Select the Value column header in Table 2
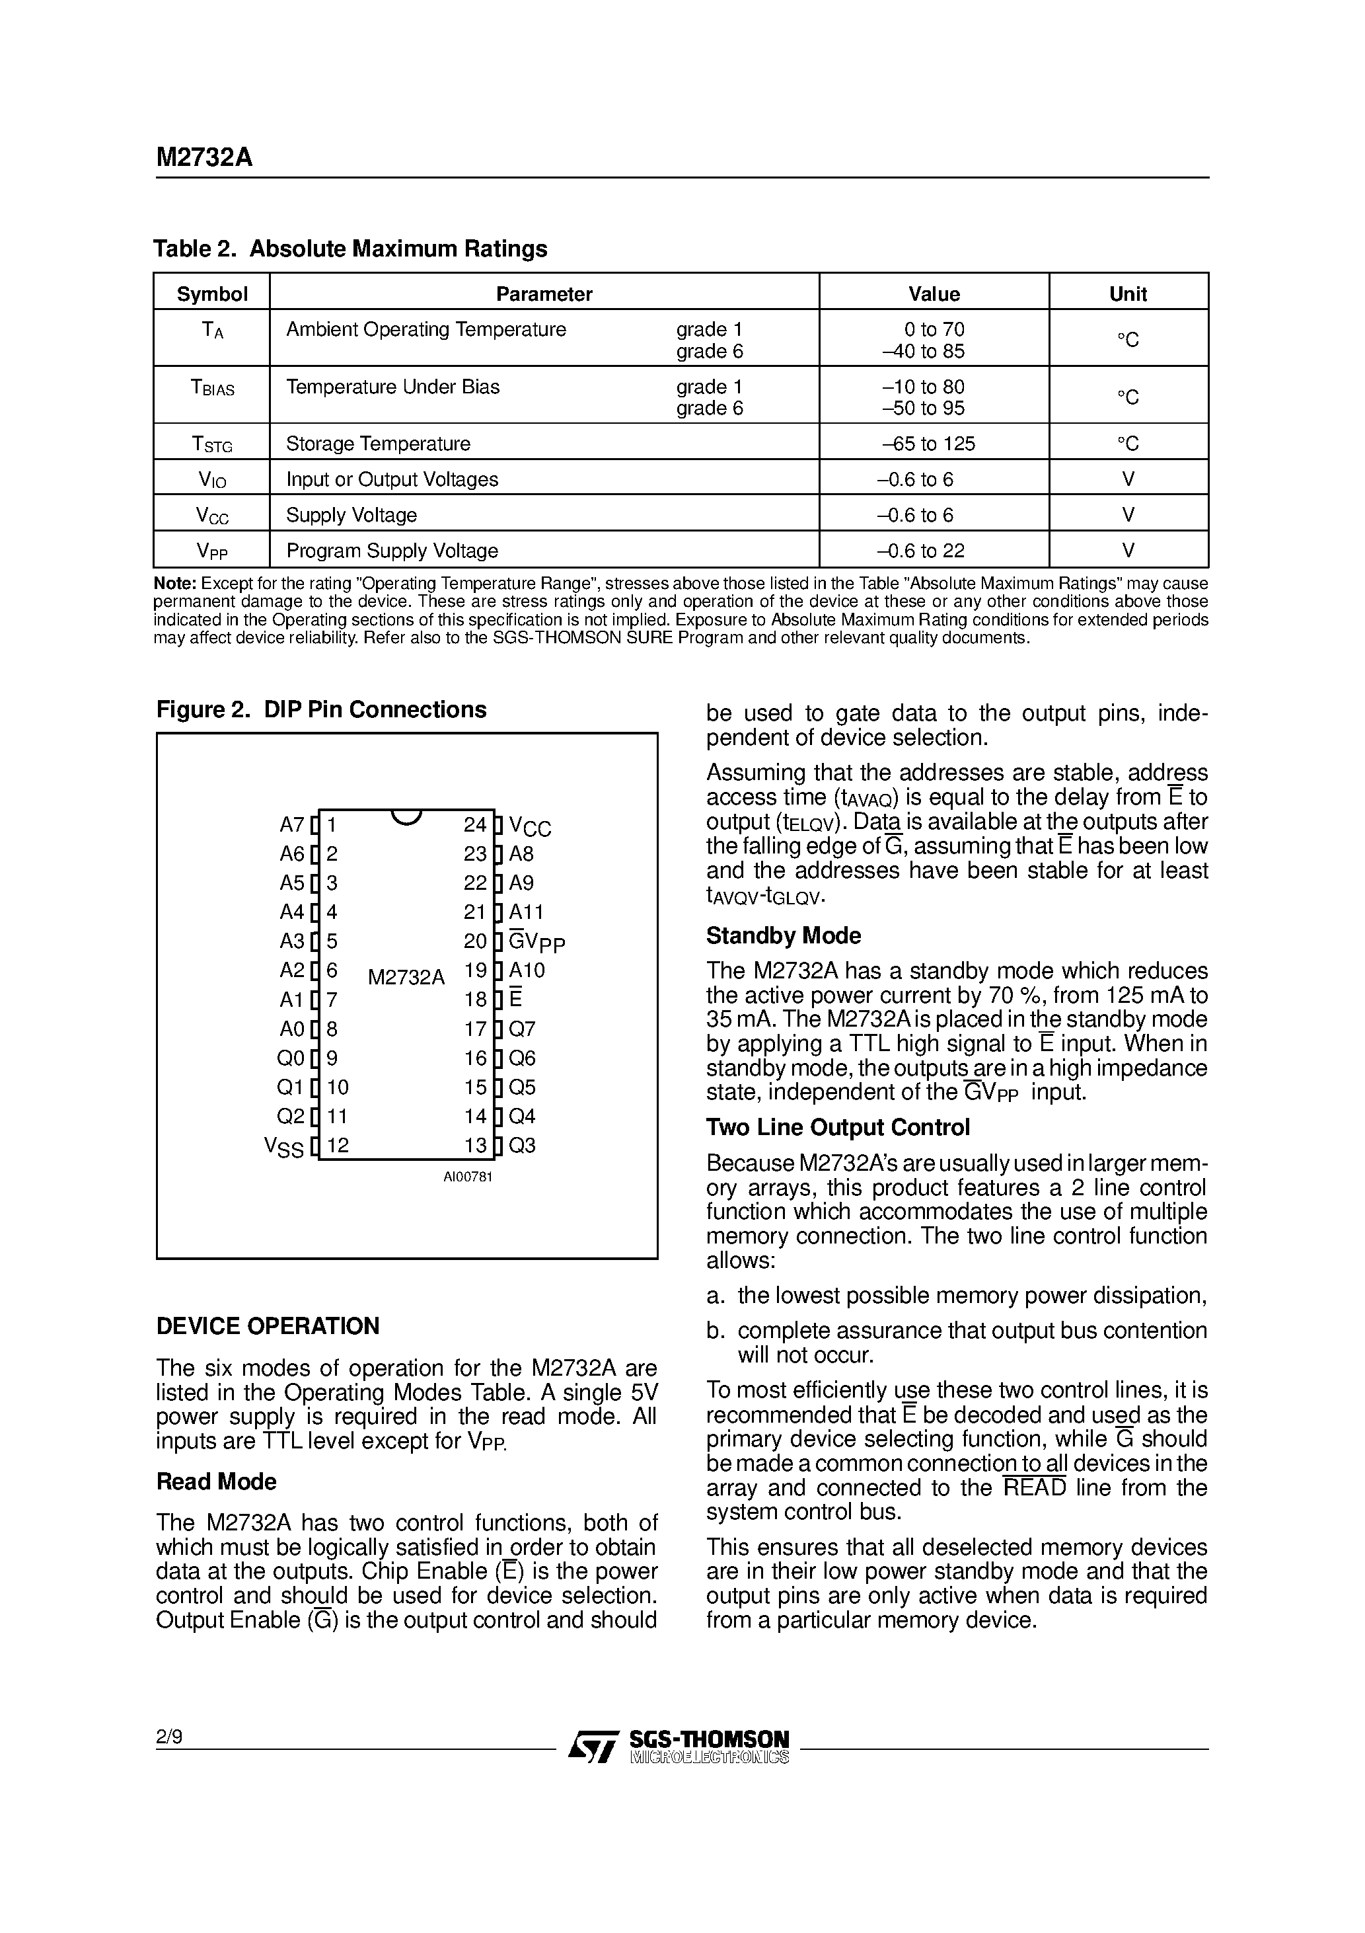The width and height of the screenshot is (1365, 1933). (x=934, y=294)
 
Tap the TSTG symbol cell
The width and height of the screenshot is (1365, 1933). (x=211, y=444)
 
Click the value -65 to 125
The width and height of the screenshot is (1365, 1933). (x=928, y=444)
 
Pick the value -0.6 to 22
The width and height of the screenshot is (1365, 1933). (x=920, y=551)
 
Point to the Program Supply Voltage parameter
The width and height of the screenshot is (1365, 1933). (x=392, y=551)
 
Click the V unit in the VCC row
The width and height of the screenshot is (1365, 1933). (x=1128, y=514)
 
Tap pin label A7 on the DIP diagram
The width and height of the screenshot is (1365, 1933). (x=291, y=824)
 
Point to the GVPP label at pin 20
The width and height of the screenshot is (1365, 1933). (x=537, y=941)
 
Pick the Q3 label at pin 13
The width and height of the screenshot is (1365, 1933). (x=522, y=1145)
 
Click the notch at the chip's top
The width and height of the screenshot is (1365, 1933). (x=406, y=816)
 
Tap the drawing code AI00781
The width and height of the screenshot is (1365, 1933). (x=468, y=1177)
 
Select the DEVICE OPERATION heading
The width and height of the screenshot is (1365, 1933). (x=268, y=1326)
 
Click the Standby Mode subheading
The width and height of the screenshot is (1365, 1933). (x=783, y=935)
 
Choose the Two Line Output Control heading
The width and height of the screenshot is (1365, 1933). (x=837, y=1127)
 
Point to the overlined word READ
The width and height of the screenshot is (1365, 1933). (x=1034, y=1487)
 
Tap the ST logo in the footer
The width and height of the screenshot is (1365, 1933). (x=593, y=1746)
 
